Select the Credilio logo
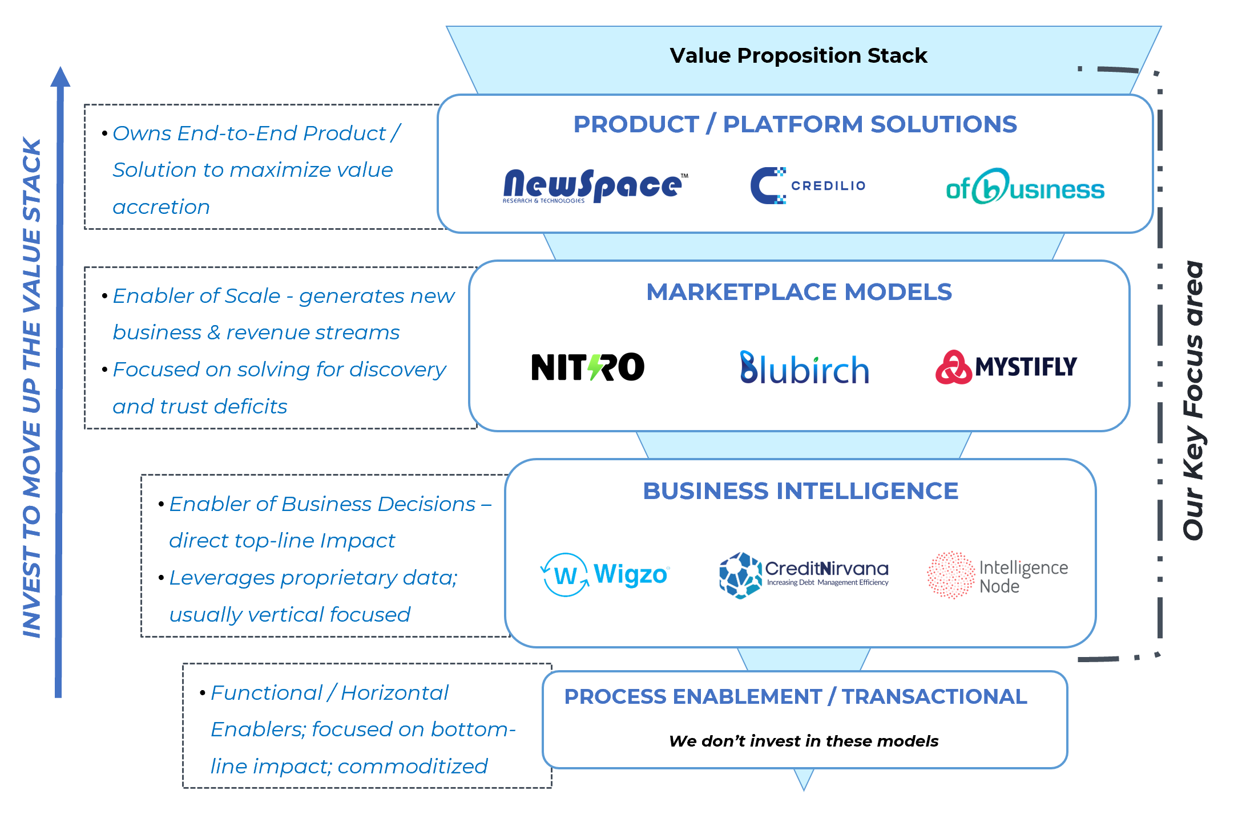coord(807,186)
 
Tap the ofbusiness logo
coord(1025,187)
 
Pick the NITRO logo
coord(587,367)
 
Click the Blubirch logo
coord(804,368)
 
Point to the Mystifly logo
coord(1006,367)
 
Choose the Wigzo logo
coord(604,574)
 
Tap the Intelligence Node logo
coord(997,575)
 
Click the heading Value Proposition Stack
coord(798,55)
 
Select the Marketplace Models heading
coord(799,292)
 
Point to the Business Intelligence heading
coord(800,491)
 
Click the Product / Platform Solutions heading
coord(795,124)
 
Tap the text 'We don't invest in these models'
coord(804,741)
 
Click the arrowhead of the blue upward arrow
coord(60,78)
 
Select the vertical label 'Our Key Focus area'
coord(1193,400)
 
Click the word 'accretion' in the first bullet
coord(162,207)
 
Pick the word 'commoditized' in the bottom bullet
coord(413,766)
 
